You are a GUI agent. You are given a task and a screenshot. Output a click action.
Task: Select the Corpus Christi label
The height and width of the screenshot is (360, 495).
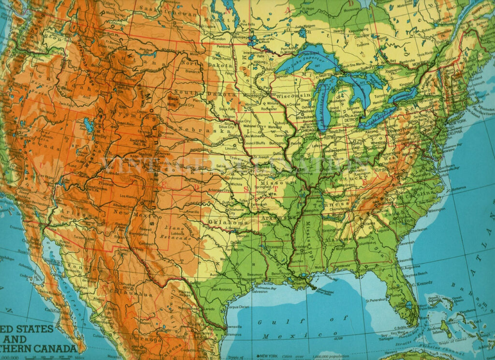tap(238, 307)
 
